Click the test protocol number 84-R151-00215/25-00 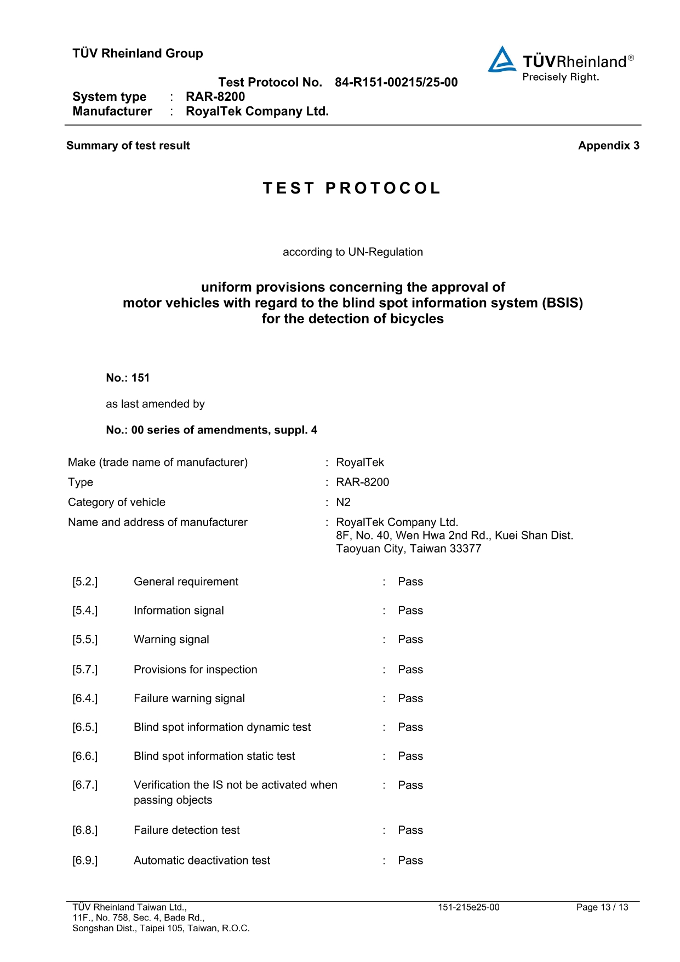tap(396, 82)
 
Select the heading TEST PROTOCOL tap(352, 188)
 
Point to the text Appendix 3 tap(608, 145)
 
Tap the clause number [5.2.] tap(85, 582)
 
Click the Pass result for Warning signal tap(410, 639)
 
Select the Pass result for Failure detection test tap(410, 830)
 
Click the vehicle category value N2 tap(343, 502)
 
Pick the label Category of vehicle tap(117, 502)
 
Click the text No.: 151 tap(128, 378)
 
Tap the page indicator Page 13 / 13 tap(602, 907)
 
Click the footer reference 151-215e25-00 tap(468, 907)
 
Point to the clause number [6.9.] tap(85, 860)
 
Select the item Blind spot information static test tap(214, 756)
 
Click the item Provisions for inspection tap(195, 669)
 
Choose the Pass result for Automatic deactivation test tap(410, 860)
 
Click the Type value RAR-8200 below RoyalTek tap(362, 482)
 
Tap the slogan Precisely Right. tap(561, 77)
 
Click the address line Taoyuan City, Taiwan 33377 tap(409, 549)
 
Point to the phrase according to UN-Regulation tap(352, 252)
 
